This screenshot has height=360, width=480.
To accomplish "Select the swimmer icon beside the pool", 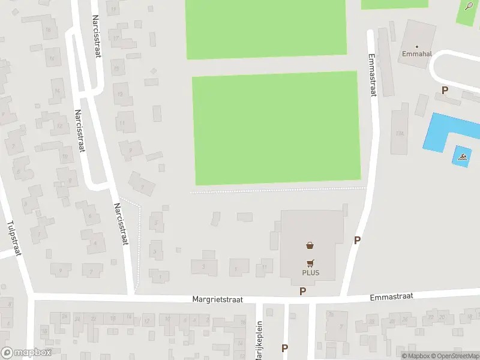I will [461, 157].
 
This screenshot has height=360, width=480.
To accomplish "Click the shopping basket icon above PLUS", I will [310, 245].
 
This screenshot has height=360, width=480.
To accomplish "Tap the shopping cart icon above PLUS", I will [310, 262].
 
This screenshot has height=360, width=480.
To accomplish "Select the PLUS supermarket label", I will [310, 273].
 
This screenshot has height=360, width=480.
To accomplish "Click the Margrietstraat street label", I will [217, 299].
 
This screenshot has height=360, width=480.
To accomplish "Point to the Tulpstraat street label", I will [14, 238].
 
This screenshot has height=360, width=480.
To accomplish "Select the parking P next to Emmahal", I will [445, 91].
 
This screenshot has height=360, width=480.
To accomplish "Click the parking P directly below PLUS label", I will [303, 291].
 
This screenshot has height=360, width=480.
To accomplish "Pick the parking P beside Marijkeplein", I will [284, 348].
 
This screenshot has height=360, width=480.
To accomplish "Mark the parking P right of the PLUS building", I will [357, 241].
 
